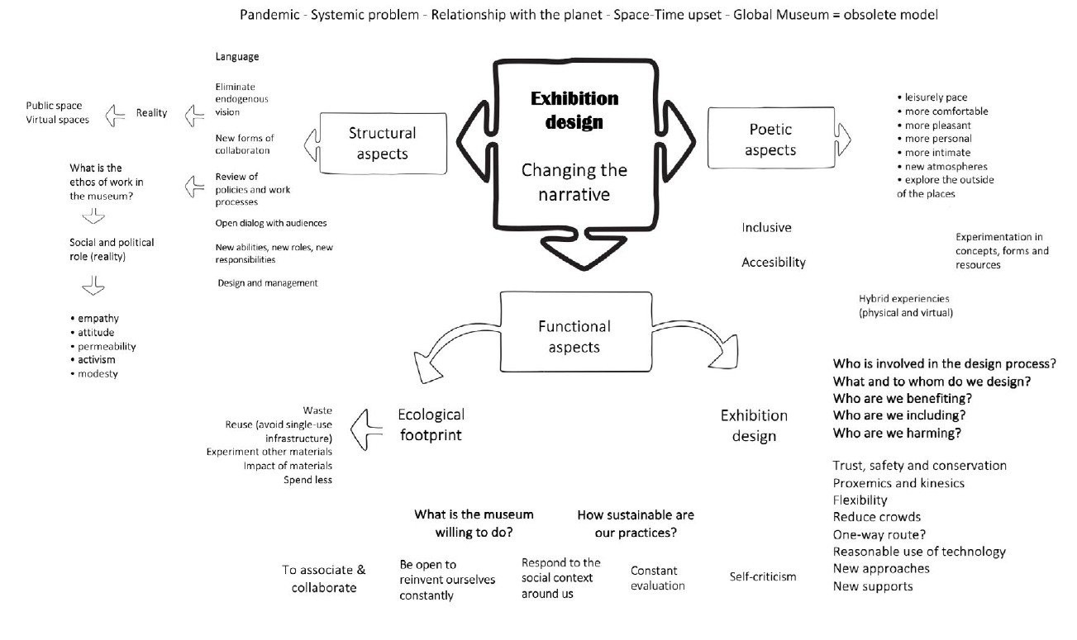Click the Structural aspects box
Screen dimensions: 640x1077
[x=382, y=143]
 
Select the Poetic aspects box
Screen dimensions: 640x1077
[x=770, y=140]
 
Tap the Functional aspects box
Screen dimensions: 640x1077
[x=574, y=336]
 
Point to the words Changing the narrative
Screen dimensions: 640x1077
[x=574, y=182]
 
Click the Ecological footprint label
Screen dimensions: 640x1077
[x=431, y=424]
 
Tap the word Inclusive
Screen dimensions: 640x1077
[x=766, y=228]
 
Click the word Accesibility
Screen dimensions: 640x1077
[x=774, y=263]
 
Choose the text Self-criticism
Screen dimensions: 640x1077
[x=763, y=576]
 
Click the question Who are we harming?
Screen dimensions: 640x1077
[x=899, y=433]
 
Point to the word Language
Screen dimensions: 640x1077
[x=237, y=57]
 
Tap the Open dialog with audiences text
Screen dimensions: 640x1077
[x=271, y=223]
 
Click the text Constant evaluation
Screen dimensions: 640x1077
[x=657, y=578]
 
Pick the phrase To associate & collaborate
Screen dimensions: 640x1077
[x=323, y=579]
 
